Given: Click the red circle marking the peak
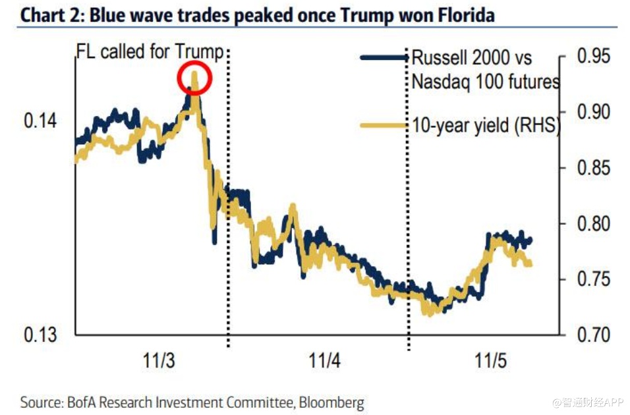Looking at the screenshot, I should pos(194,78).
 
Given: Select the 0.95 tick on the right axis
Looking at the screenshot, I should pos(594,57).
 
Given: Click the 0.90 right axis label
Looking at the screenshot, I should pos(594,112).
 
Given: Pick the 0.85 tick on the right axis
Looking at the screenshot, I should pos(594,167).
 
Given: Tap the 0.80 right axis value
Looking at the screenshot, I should pos(594,223).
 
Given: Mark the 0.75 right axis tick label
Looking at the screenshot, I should pos(594,279).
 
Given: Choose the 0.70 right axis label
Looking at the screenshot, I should pos(594,334).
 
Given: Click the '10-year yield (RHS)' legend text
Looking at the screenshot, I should pos(485,124).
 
